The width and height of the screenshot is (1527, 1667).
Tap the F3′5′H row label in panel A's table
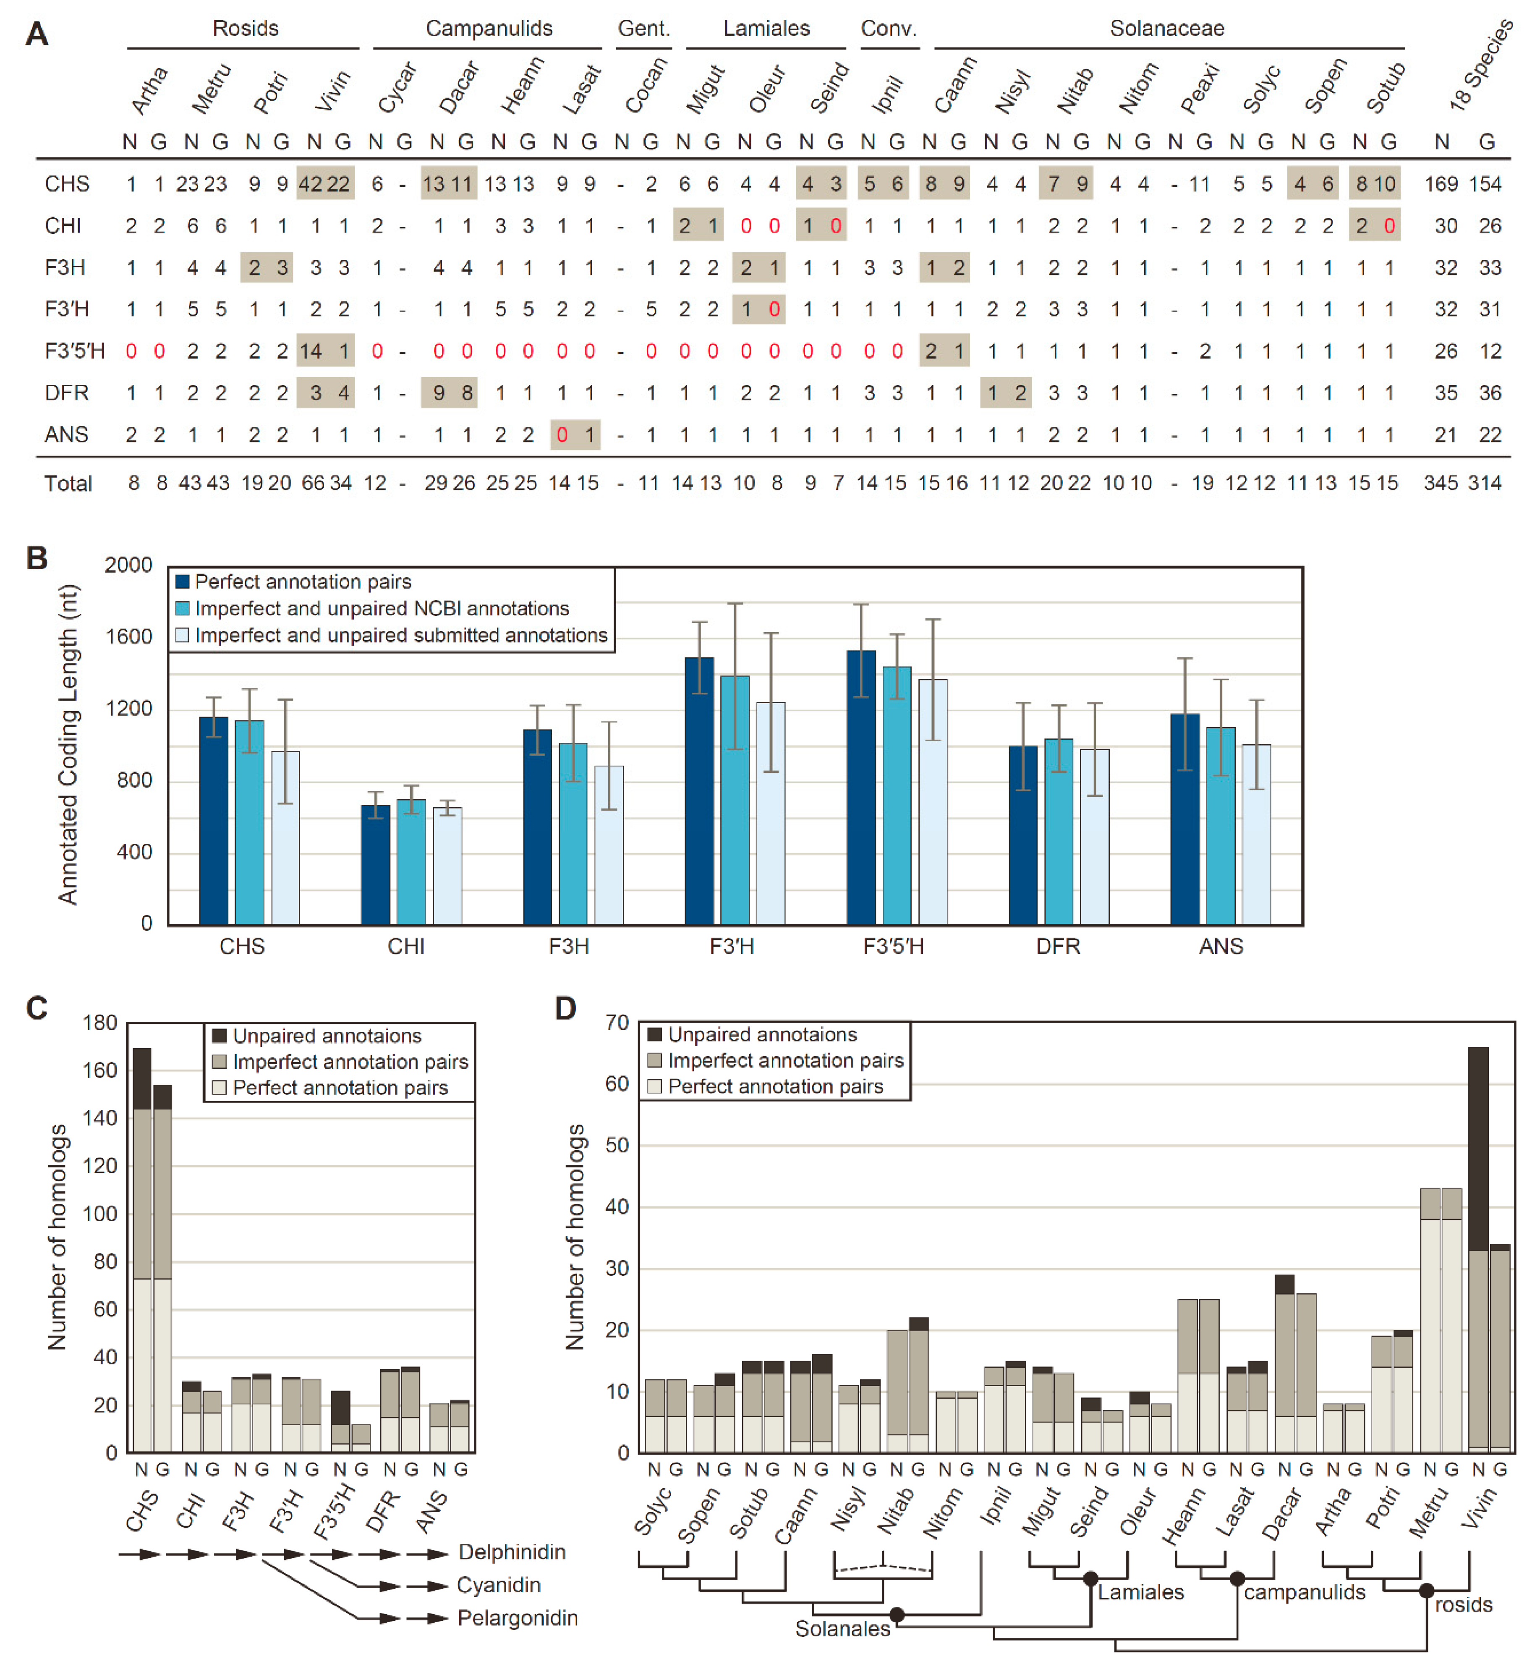click(x=74, y=351)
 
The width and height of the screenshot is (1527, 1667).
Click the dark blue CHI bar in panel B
click(x=375, y=864)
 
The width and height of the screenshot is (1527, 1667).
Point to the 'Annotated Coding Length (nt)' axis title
click(x=68, y=744)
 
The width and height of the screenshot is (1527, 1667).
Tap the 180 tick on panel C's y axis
click(x=100, y=1023)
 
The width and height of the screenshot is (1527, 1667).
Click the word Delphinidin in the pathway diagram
click(x=512, y=1552)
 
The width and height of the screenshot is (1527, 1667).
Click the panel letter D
click(x=565, y=1009)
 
